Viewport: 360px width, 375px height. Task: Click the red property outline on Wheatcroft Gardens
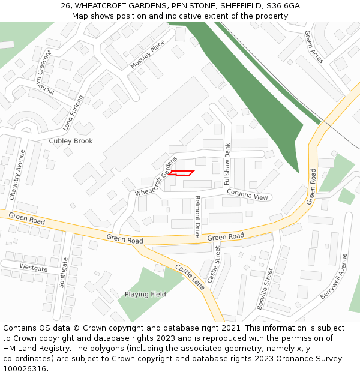click(x=181, y=173)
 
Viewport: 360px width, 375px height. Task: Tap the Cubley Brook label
click(x=71, y=141)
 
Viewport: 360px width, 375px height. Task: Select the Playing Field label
click(x=145, y=295)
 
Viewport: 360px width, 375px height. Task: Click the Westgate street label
click(x=33, y=268)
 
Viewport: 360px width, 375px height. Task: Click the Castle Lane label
click(x=190, y=277)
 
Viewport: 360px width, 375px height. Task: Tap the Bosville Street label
click(x=265, y=289)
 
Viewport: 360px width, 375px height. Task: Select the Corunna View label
click(x=247, y=194)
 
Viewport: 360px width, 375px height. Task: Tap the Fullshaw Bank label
click(x=227, y=167)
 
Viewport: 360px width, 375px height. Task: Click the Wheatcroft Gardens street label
click(x=157, y=177)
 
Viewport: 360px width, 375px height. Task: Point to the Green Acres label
click(x=314, y=47)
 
